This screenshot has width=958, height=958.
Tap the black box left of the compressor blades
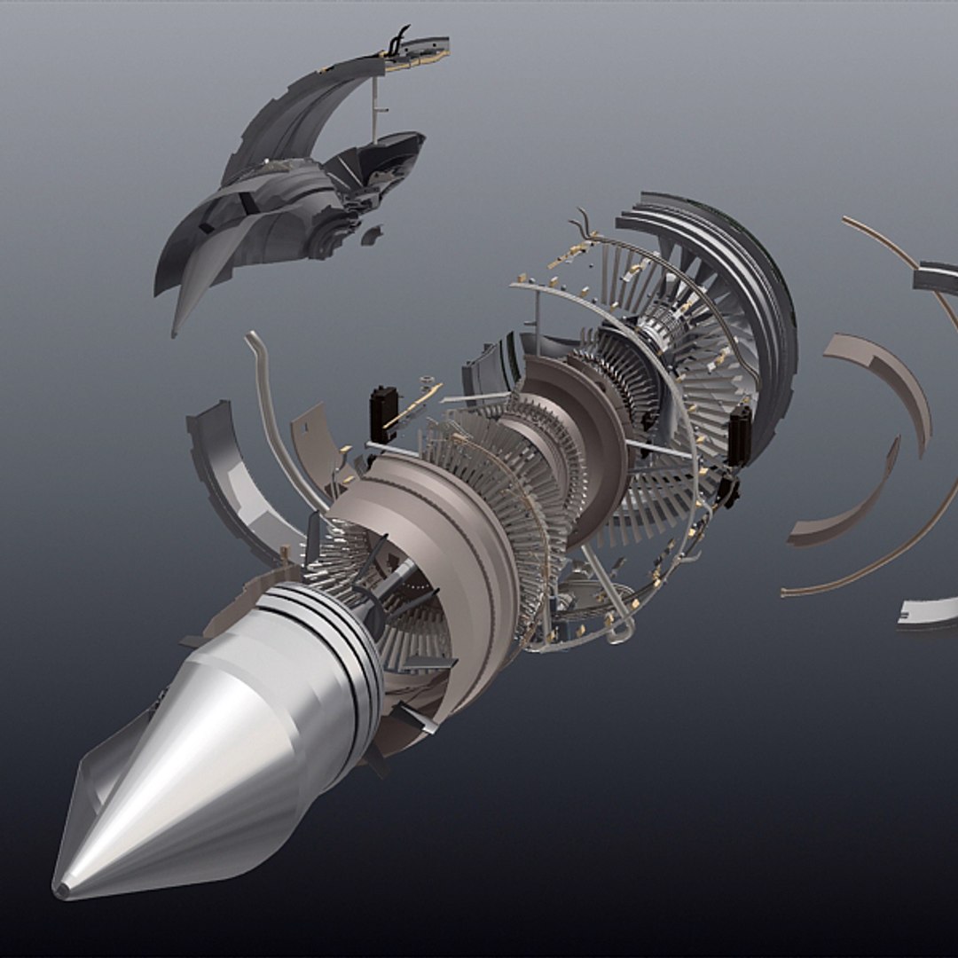point(382,413)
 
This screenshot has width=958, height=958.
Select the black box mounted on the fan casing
point(739,434)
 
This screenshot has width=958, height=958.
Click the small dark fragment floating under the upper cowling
point(372,235)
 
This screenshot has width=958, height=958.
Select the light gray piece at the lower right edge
point(927,612)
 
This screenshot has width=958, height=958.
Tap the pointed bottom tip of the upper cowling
point(177,333)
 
